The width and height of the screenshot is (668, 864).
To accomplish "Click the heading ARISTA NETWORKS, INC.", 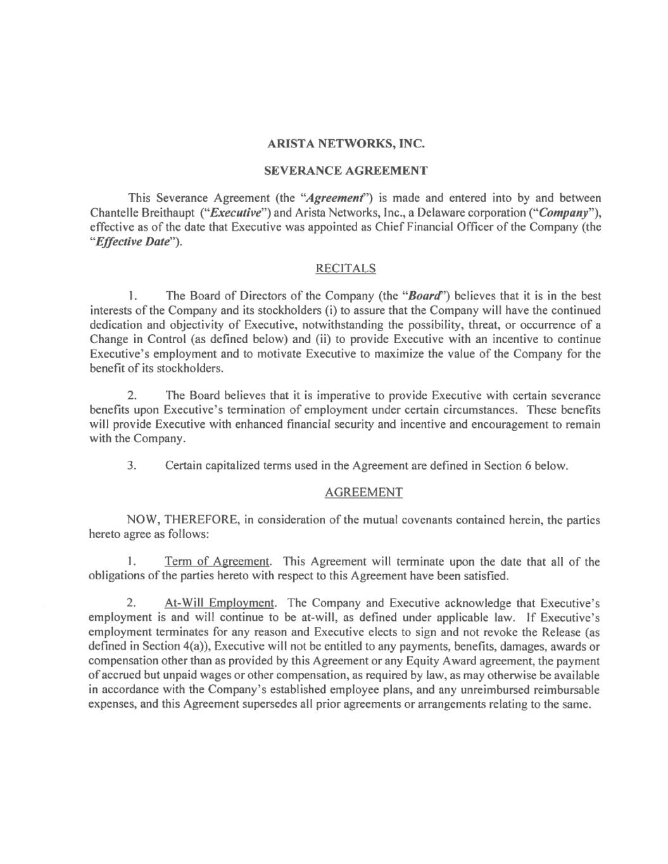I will [x=345, y=144].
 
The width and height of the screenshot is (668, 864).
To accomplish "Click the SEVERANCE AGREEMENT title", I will [x=345, y=170].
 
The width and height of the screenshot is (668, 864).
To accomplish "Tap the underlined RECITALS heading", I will [x=345, y=268].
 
